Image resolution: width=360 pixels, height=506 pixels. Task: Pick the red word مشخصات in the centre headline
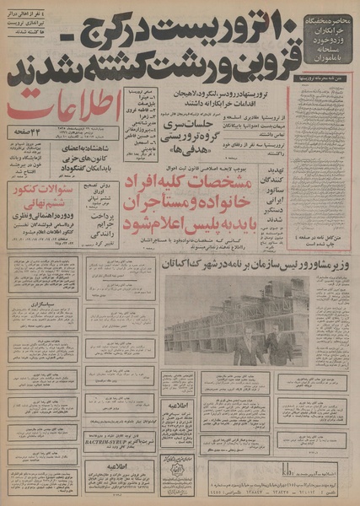(244, 182)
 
